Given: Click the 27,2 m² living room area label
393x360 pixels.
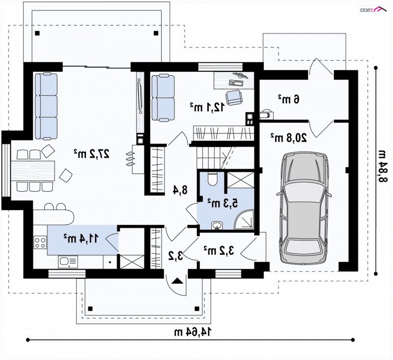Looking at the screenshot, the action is [91, 153].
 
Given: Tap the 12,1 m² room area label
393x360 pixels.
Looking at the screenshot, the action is [207, 107].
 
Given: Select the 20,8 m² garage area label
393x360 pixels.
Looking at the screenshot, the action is [288, 138].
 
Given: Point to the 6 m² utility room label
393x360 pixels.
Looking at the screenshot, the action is [288, 99].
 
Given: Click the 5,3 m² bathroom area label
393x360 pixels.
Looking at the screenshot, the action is [223, 203].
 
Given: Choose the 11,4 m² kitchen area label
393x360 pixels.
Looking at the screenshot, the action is [81, 239].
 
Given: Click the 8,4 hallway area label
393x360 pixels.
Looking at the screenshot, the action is [180, 190].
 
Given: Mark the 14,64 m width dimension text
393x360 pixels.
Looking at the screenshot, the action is [193, 332].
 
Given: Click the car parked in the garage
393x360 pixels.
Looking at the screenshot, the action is [304, 208].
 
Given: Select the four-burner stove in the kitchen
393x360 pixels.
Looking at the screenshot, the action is [40, 242].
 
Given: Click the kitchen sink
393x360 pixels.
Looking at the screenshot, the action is [68, 262].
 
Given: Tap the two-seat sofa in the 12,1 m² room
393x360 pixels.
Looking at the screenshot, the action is [163, 98].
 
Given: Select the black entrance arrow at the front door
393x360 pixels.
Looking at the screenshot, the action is [178, 281].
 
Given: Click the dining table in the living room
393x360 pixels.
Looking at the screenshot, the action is [33, 170].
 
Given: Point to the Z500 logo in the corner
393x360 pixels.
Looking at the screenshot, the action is [373, 9].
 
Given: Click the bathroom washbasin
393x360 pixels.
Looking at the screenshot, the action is [217, 225].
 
